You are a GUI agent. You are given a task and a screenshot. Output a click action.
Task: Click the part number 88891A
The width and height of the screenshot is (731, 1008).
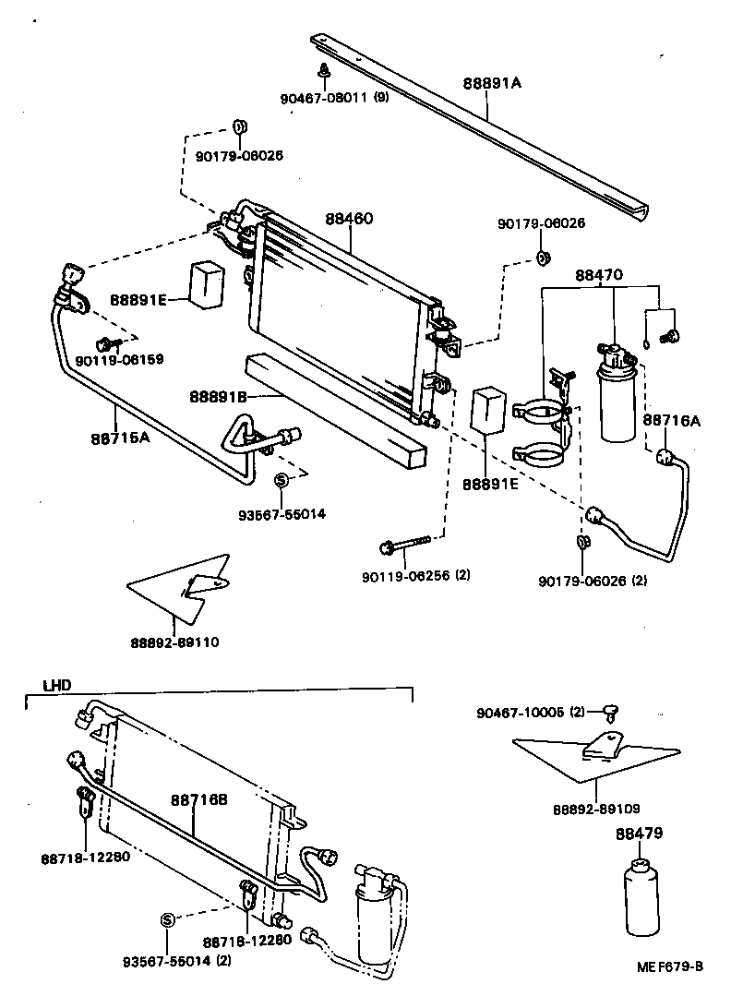[492, 83]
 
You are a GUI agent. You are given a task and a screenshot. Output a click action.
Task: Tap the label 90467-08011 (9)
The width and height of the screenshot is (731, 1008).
[334, 98]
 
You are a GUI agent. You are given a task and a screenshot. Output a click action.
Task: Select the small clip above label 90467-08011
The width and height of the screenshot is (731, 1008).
[325, 71]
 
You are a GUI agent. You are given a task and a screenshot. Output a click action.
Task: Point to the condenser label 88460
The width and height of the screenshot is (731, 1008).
[349, 220]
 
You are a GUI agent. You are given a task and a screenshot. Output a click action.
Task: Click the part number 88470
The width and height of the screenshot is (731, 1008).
[600, 275]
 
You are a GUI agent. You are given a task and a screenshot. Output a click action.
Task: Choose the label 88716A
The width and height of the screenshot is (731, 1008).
[671, 421]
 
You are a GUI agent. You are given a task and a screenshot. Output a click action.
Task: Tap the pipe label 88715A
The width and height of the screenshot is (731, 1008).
[120, 438]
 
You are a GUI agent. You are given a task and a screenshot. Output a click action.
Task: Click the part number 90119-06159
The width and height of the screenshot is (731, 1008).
[120, 359]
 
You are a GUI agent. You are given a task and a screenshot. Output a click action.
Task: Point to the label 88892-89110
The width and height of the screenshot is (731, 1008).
[181, 642]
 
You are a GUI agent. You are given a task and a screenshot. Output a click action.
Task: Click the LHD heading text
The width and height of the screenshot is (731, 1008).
[57, 686]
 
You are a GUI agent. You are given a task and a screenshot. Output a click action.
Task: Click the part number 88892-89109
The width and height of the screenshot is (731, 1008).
[596, 808]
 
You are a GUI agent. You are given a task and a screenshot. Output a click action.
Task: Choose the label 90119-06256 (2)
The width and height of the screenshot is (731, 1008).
[416, 576]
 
